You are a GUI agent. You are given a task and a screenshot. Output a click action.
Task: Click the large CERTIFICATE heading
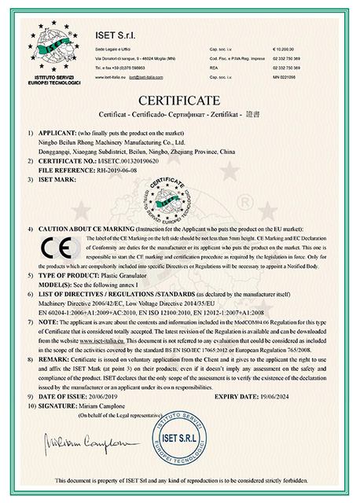click(180, 101)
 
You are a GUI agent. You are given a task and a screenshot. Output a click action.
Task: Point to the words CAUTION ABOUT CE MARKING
click(86, 226)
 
